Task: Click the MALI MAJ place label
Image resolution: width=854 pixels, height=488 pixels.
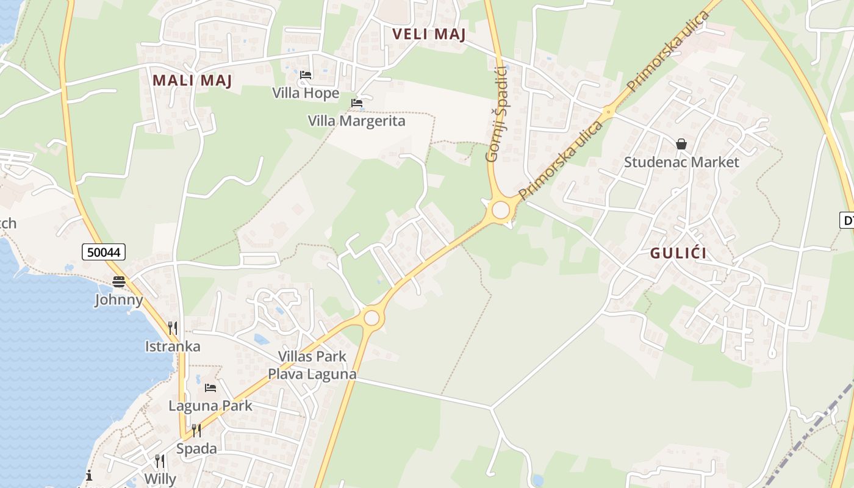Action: pyautogui.click(x=192, y=81)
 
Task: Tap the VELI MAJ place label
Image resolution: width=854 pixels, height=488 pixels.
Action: pyautogui.click(x=429, y=34)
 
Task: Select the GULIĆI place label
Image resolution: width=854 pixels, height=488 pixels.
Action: pyautogui.click(x=679, y=253)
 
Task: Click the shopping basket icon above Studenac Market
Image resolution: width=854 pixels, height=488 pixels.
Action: pyautogui.click(x=681, y=144)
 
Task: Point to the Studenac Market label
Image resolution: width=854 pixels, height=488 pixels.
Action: pyautogui.click(x=681, y=162)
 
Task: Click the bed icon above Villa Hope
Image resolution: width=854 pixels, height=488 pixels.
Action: pyautogui.click(x=306, y=75)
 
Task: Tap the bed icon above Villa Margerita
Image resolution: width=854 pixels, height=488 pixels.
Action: pyautogui.click(x=357, y=103)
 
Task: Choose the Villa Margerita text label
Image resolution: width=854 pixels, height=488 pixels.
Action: pyautogui.click(x=356, y=121)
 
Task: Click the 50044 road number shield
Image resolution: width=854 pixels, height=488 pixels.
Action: pyautogui.click(x=103, y=251)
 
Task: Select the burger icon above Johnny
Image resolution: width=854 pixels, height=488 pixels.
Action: pyautogui.click(x=119, y=281)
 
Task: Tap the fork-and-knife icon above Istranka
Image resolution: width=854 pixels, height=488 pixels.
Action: pyautogui.click(x=173, y=328)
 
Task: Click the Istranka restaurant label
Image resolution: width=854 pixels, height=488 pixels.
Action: pyautogui.click(x=173, y=346)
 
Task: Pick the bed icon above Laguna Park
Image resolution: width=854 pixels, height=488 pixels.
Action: pyautogui.click(x=210, y=387)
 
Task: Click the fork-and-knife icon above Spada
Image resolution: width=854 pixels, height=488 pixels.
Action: pyautogui.click(x=196, y=431)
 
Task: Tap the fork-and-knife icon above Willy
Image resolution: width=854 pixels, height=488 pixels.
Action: pyautogui.click(x=159, y=461)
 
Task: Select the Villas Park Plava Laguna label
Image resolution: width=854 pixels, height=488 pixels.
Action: pyautogui.click(x=312, y=365)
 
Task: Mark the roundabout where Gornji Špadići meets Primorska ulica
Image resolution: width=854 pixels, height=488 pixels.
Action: pyautogui.click(x=500, y=210)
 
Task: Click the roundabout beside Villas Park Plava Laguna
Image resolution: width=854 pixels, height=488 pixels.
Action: pyautogui.click(x=371, y=318)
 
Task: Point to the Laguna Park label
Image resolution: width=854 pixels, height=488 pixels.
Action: pyautogui.click(x=210, y=406)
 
